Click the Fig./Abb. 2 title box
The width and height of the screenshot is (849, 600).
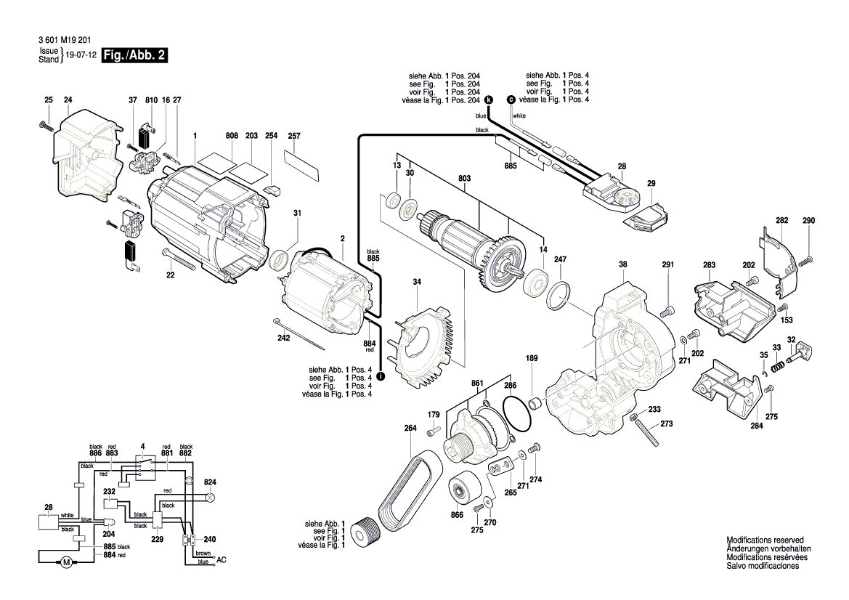[135, 56]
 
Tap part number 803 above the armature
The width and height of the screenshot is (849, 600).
[464, 179]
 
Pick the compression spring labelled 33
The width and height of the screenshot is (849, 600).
[777, 365]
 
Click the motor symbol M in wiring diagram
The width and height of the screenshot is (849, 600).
[65, 562]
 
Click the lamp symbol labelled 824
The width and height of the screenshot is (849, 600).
[211, 498]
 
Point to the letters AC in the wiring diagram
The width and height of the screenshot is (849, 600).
[222, 560]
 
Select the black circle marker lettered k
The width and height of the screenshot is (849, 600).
[488, 100]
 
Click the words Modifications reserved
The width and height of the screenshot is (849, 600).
[765, 540]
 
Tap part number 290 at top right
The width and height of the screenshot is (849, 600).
[808, 220]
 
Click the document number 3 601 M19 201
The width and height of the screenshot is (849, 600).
[67, 44]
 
